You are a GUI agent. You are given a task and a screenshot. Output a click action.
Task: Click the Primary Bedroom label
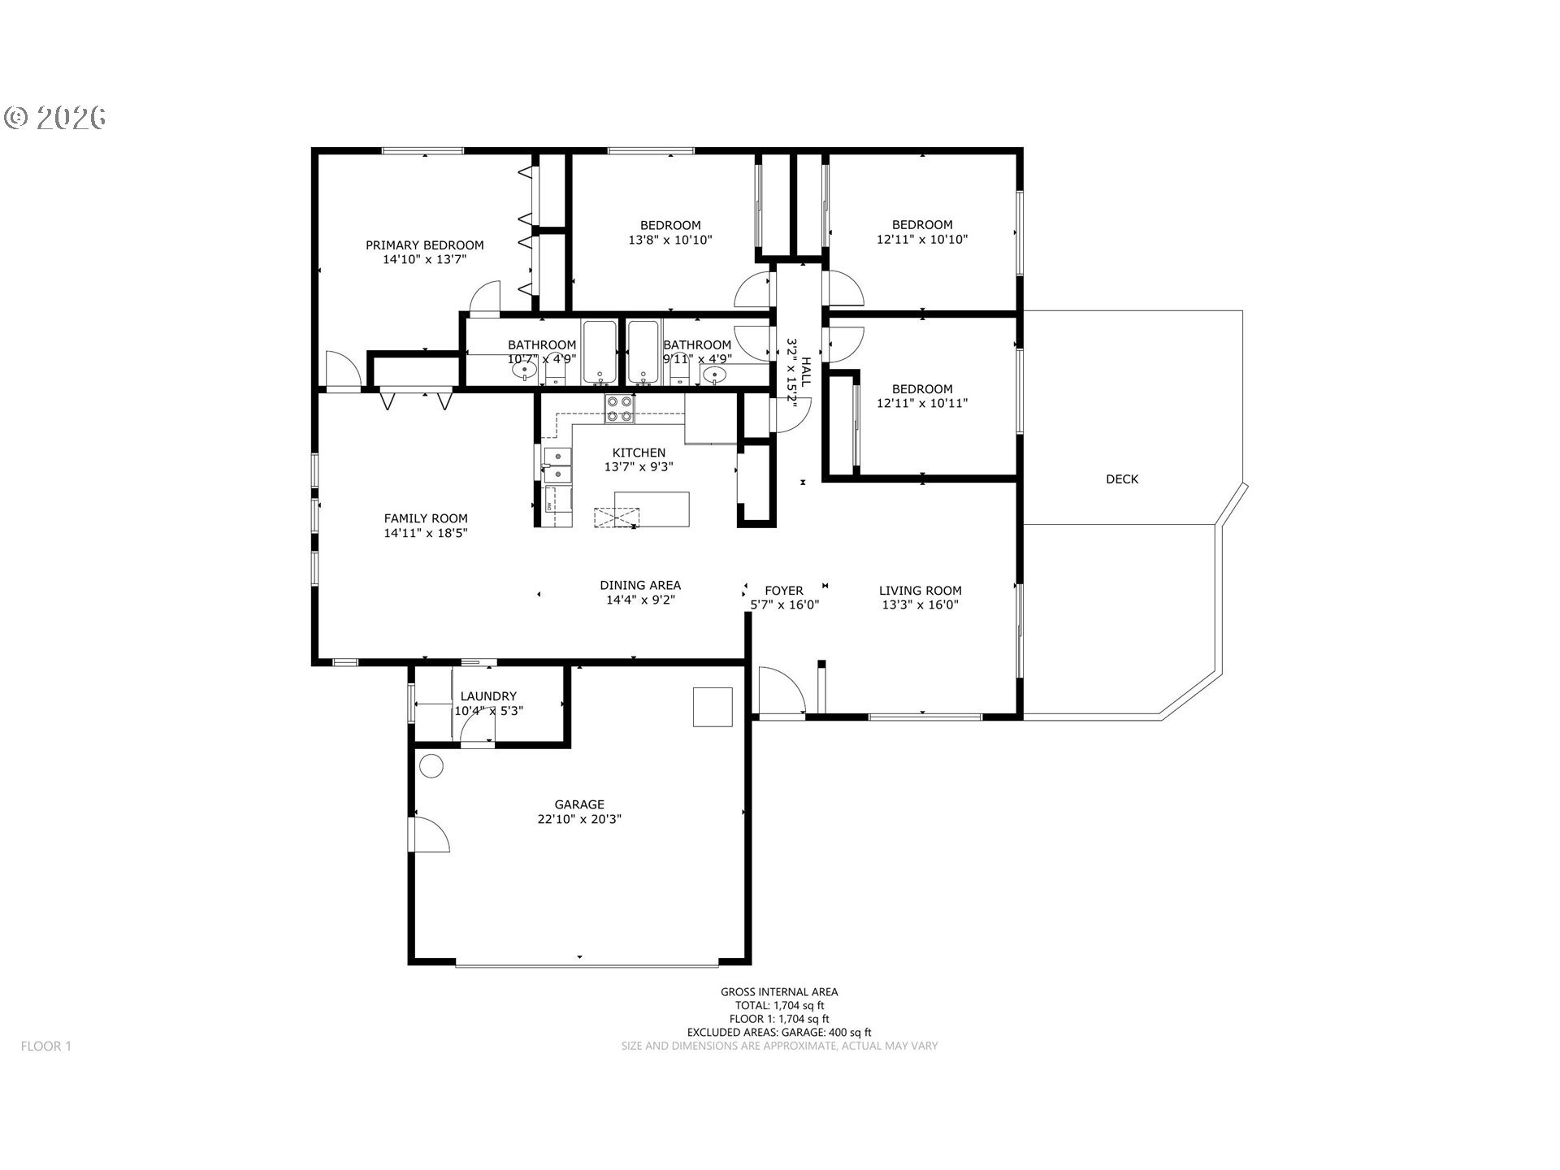click(x=424, y=245)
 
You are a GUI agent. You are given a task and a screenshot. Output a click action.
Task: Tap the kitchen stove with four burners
click(x=619, y=409)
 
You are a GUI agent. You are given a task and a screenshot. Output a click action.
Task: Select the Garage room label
click(x=579, y=805)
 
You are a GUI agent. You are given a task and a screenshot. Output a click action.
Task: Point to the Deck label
click(x=1122, y=479)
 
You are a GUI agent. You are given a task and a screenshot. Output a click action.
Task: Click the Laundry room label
click(x=488, y=696)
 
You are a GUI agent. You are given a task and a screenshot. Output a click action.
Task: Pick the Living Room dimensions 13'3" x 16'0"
click(x=921, y=604)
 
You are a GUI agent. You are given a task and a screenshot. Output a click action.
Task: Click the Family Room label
click(x=426, y=518)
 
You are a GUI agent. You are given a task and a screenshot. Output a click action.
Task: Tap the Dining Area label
click(x=640, y=585)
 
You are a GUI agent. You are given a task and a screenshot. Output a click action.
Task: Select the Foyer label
click(x=784, y=591)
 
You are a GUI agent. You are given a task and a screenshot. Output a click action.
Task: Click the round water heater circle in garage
click(x=431, y=766)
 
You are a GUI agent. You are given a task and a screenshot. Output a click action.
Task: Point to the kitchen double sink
click(x=557, y=466)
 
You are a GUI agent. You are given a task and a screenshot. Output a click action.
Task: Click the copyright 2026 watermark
click(x=55, y=118)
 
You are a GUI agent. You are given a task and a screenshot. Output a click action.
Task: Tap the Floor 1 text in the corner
click(x=46, y=1046)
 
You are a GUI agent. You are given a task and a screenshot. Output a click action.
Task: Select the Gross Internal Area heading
click(x=779, y=991)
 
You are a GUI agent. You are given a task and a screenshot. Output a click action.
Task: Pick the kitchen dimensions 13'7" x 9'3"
click(x=639, y=467)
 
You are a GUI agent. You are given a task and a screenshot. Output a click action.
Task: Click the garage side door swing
click(x=431, y=834)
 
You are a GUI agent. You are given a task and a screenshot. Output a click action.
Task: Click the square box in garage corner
click(x=713, y=706)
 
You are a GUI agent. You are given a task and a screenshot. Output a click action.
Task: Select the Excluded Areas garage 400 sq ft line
click(x=779, y=1032)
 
